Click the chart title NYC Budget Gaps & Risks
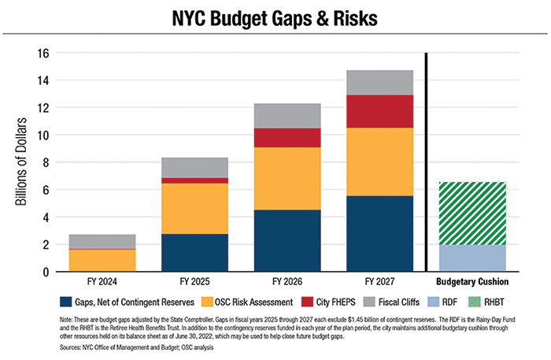[275, 17]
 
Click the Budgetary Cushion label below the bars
[471, 281]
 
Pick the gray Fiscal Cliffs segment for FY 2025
[202, 168]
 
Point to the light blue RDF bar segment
[471, 258]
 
